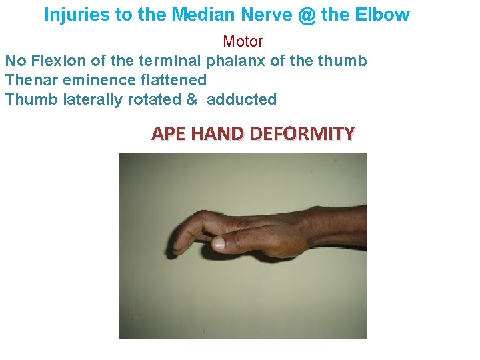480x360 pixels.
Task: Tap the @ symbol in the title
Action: [307, 15]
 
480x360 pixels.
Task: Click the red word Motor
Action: [243, 41]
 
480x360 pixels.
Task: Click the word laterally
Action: [80, 99]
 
